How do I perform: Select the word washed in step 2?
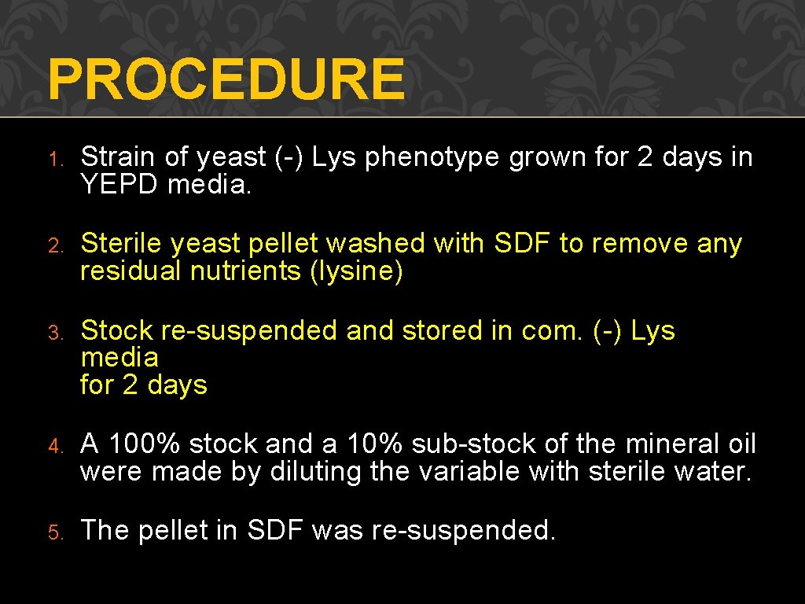[x=376, y=244]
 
